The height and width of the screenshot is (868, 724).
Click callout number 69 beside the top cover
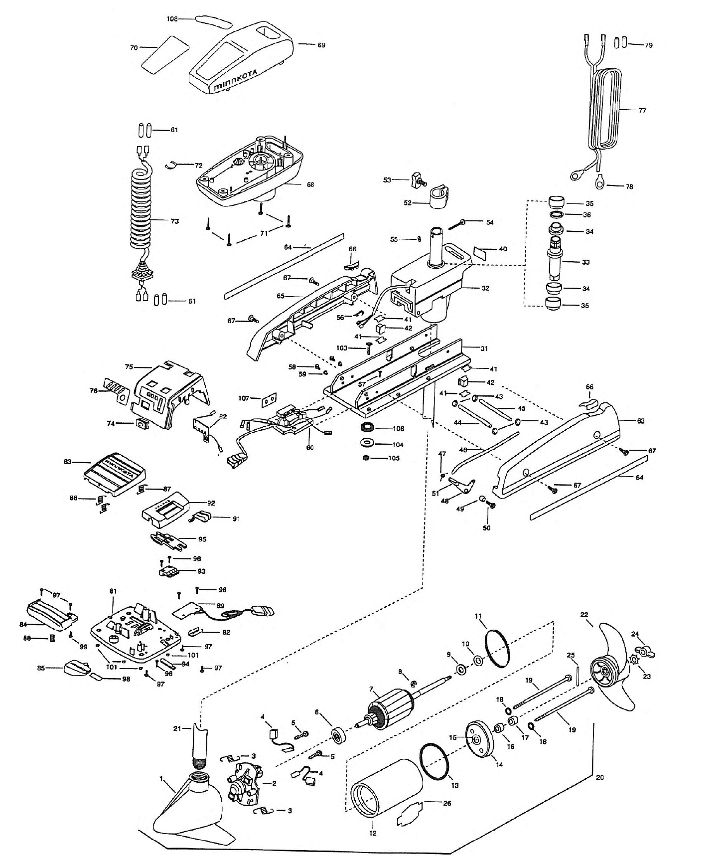click(321, 45)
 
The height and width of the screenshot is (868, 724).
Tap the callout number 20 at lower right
click(599, 777)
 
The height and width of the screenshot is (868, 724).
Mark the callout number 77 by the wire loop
click(642, 110)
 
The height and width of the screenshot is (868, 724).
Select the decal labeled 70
click(163, 51)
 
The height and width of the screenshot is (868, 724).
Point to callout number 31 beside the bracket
click(484, 348)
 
